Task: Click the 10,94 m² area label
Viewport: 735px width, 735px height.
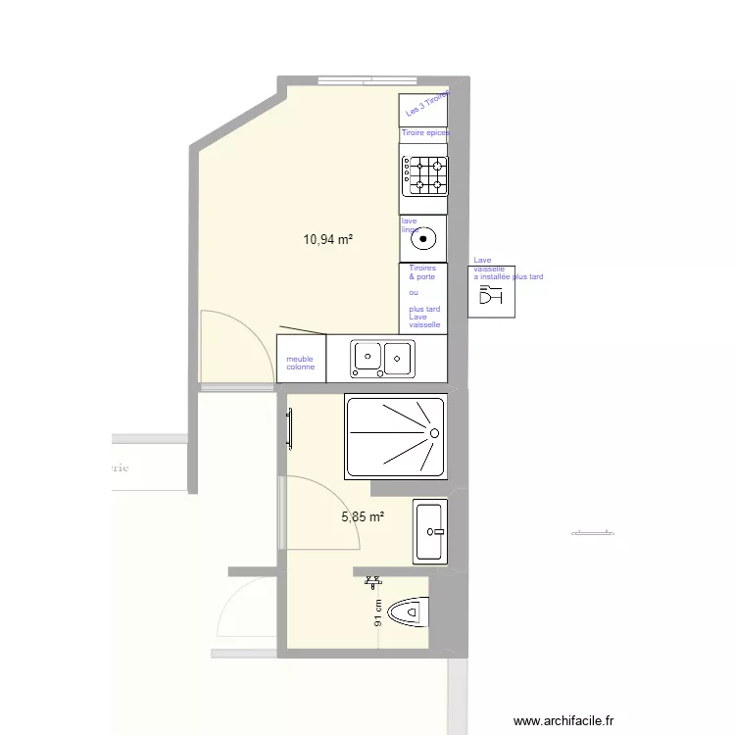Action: pyautogui.click(x=328, y=238)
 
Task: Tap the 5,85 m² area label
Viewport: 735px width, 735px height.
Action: pyautogui.click(x=363, y=516)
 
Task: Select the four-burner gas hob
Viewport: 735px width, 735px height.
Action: pyautogui.click(x=424, y=175)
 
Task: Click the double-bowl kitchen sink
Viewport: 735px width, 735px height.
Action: pyautogui.click(x=382, y=358)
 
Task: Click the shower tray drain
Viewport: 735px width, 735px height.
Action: pyautogui.click(x=431, y=432)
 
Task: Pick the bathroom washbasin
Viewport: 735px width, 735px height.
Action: pyautogui.click(x=430, y=531)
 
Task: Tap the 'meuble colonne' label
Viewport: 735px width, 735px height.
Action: pyautogui.click(x=300, y=363)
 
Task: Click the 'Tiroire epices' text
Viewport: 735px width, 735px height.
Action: pyautogui.click(x=424, y=132)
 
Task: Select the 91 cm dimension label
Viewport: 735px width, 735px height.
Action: pyautogui.click(x=378, y=612)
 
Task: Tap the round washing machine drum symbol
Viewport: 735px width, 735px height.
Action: pyautogui.click(x=424, y=238)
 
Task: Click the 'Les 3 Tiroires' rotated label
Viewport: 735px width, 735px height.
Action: pyautogui.click(x=426, y=103)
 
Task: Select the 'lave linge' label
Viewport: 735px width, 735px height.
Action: pyautogui.click(x=410, y=225)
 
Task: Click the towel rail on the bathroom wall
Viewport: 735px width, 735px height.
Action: pyautogui.click(x=290, y=429)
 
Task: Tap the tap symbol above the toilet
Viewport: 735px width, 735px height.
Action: pyautogui.click(x=372, y=581)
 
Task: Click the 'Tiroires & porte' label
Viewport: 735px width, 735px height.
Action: pyautogui.click(x=422, y=272)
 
